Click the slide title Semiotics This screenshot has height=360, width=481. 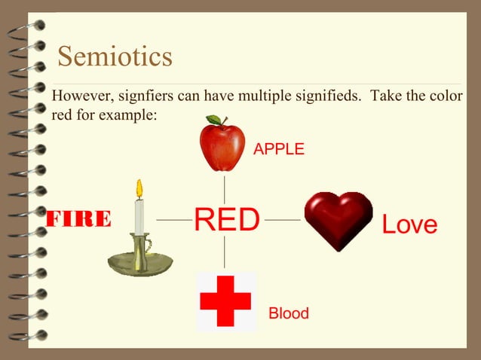tap(115, 56)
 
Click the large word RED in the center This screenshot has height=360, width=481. tap(227, 219)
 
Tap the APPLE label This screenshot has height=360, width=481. tap(279, 149)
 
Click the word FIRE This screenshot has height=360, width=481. tap(79, 219)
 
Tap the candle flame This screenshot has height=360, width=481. tap(139, 188)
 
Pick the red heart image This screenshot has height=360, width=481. tap(338, 219)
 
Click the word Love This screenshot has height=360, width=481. tap(409, 224)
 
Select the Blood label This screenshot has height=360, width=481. tap(289, 313)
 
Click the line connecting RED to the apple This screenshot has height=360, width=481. tap(225, 188)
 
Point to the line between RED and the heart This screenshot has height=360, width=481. tap(283, 220)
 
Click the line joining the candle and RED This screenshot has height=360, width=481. tap(173, 220)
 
